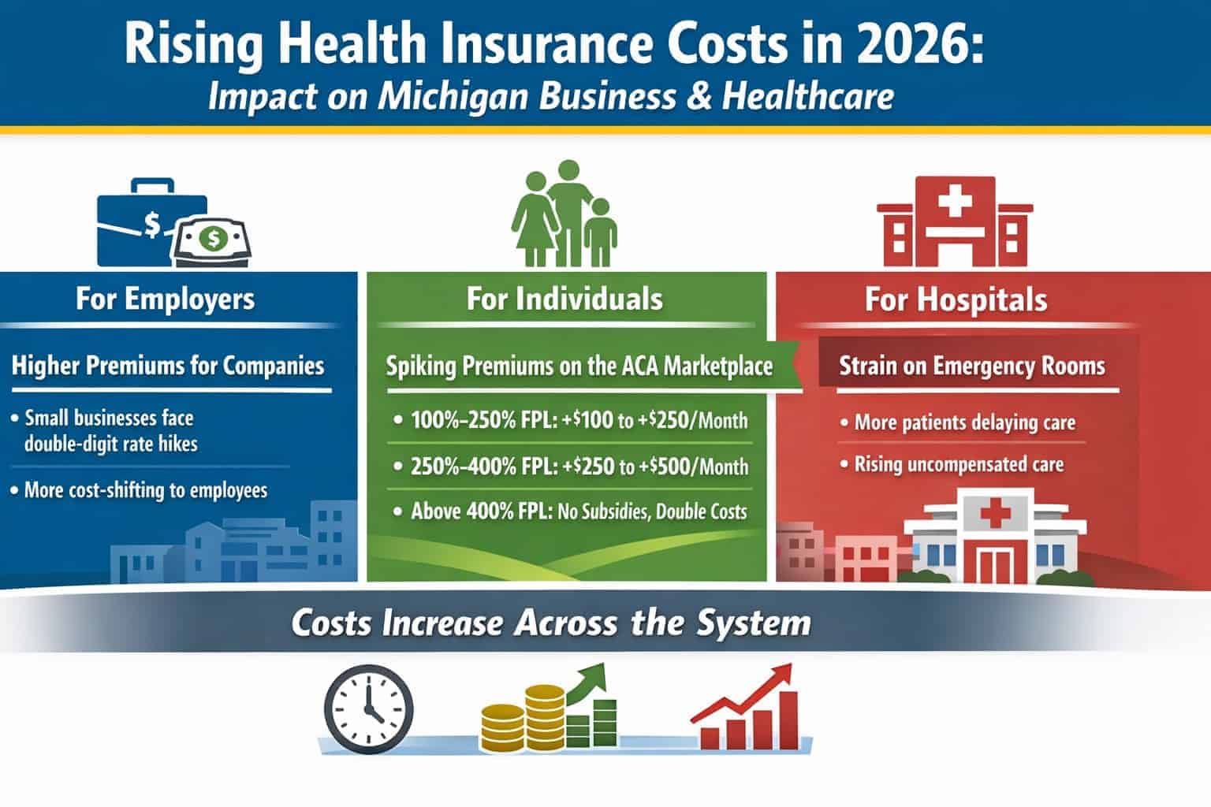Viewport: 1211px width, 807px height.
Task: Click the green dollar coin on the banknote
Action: coord(214,238)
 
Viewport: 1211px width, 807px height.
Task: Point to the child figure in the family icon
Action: coord(601,232)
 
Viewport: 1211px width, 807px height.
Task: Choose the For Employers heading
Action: coord(166,299)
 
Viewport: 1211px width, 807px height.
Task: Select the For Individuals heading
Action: coord(565,299)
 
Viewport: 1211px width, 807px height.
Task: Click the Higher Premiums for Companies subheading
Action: coord(168,366)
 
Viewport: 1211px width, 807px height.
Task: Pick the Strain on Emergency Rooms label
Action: coord(972,366)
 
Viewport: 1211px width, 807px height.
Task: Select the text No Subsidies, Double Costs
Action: coord(652,511)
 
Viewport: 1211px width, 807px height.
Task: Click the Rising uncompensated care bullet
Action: coord(952,465)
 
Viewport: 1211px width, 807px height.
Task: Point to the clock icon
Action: coord(369,709)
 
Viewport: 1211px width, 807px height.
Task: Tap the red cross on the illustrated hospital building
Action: coord(995,512)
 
